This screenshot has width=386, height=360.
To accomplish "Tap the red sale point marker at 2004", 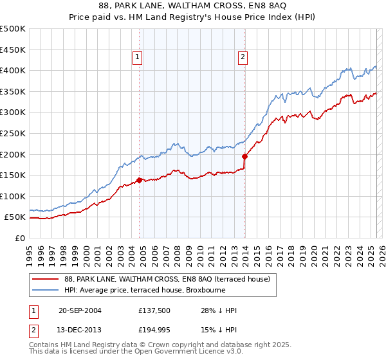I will pos(140,181).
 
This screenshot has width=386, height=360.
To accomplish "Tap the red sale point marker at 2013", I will pos(245,156).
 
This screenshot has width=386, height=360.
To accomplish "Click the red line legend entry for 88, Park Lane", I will pos(170,279).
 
